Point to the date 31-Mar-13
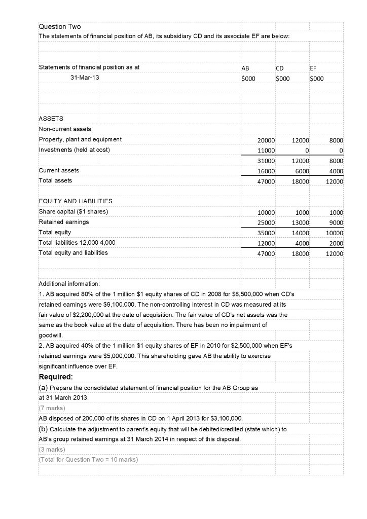pos(82,78)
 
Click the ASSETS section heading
pos(51,118)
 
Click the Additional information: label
pos(69,284)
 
